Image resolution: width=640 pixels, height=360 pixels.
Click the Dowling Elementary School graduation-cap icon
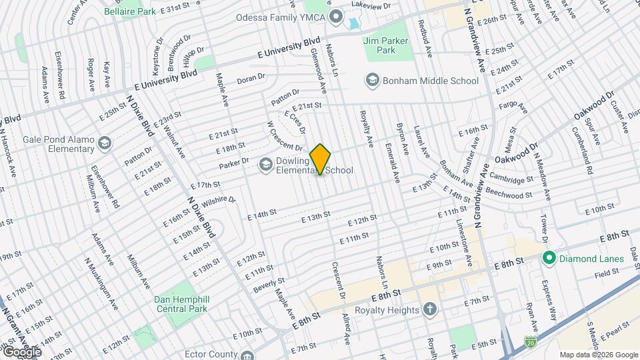266,163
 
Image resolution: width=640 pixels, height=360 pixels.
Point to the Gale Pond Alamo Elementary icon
104,143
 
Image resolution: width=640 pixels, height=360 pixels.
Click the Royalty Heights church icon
431,309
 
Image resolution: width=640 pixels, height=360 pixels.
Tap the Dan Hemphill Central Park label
181,304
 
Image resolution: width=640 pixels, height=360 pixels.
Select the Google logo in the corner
21,351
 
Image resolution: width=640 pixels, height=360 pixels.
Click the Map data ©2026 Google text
599,355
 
